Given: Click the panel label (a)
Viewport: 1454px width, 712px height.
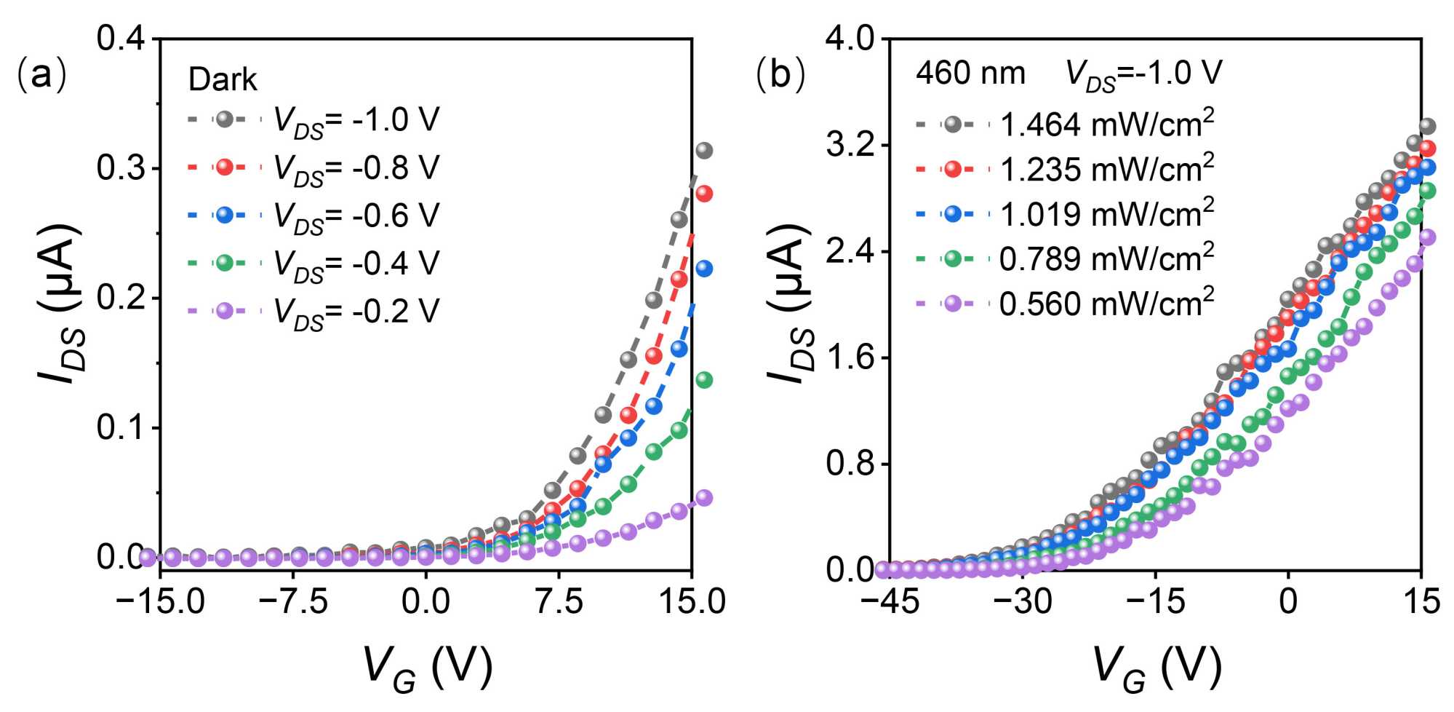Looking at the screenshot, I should tap(41, 76).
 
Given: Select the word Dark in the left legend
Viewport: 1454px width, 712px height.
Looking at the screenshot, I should tap(223, 79).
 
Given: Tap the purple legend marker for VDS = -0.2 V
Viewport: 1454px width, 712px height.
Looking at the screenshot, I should tap(225, 311).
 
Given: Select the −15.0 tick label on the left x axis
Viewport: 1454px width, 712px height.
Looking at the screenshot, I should tap(161, 602).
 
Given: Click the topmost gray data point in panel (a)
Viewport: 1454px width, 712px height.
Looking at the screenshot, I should tap(703, 151).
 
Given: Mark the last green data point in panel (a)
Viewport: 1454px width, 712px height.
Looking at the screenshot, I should tap(703, 380).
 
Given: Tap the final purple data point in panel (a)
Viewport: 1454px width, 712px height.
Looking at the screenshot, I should tap(703, 498).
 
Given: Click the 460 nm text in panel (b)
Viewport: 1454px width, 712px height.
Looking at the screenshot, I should tap(970, 74).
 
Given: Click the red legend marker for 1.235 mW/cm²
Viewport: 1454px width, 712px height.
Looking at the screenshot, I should tap(953, 170).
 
